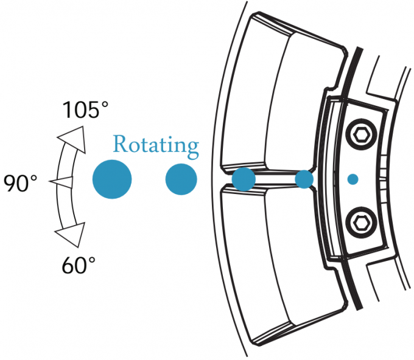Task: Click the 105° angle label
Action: pyautogui.click(x=85, y=111)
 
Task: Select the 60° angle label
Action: pyautogui.click(x=79, y=265)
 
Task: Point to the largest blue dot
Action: pyautogui.click(x=112, y=179)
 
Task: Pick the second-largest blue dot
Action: pyautogui.click(x=181, y=179)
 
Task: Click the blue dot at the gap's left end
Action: pyautogui.click(x=244, y=179)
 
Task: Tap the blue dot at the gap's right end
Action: pyautogui.click(x=304, y=179)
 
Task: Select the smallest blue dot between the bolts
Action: pyautogui.click(x=353, y=179)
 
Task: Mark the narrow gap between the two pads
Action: pyautogui.click(x=274, y=179)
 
